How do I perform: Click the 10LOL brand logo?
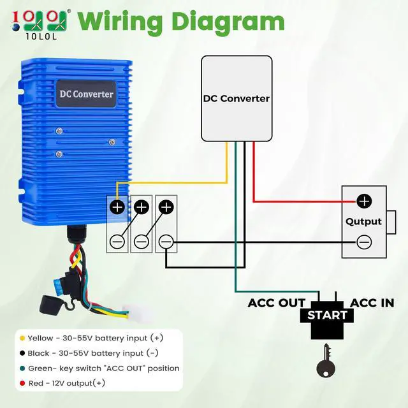coord(41,25)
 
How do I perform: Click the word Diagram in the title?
coord(228,23)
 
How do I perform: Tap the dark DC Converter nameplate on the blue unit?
coord(87,94)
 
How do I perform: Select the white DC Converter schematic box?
coord(237,99)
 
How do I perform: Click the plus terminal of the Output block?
coord(364,201)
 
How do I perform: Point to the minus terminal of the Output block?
coord(364,242)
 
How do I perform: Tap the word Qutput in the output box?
coord(363,222)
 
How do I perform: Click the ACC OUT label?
coord(276,303)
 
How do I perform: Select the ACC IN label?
coord(372,303)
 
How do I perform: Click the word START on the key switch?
coord(327,316)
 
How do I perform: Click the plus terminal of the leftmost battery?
coord(117,207)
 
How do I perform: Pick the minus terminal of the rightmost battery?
coord(166,242)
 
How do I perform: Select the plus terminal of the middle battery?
coord(142,207)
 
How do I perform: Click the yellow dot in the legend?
coord(22,338)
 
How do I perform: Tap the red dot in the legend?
coord(22,383)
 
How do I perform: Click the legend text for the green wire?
coord(104,368)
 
